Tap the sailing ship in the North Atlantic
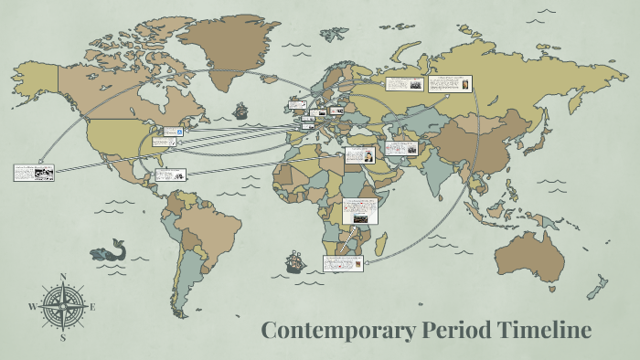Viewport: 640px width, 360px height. [x=241, y=111]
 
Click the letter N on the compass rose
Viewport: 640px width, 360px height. [x=63, y=276]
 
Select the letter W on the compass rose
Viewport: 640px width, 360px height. [x=33, y=306]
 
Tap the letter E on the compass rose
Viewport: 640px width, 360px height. [x=92, y=306]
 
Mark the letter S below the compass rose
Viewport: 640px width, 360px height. [x=63, y=336]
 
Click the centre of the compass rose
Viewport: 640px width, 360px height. [x=63, y=306]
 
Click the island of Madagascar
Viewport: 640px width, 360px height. [x=380, y=244]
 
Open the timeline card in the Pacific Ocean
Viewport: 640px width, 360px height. [x=34, y=172]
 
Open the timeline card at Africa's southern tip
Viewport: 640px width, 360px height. [x=344, y=262]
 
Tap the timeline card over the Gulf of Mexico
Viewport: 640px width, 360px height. [x=172, y=174]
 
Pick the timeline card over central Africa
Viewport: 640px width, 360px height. [x=360, y=211]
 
